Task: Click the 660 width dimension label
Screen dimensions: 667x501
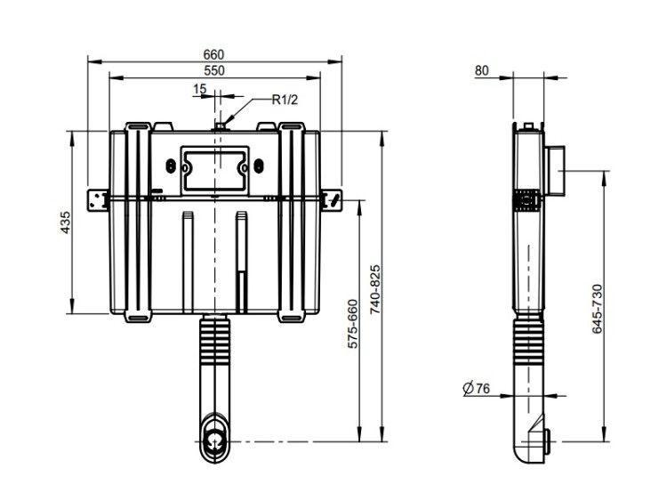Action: (x=213, y=55)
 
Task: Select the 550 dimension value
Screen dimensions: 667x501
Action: (x=213, y=70)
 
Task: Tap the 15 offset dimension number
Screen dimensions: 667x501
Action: (x=199, y=89)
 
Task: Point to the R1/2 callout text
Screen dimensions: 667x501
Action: (x=285, y=100)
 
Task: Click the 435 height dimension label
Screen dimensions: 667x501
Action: (x=65, y=222)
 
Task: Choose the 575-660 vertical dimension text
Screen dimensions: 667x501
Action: (x=353, y=324)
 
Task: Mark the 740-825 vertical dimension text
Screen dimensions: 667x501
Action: (x=374, y=289)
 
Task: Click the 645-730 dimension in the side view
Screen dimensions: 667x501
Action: (x=598, y=309)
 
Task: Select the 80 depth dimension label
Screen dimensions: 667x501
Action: (x=481, y=70)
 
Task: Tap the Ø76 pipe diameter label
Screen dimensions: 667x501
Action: (x=476, y=388)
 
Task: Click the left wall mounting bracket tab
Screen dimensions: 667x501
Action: (x=98, y=199)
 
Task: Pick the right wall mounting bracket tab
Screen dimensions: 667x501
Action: (x=332, y=199)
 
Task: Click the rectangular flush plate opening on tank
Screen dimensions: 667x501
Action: (x=215, y=170)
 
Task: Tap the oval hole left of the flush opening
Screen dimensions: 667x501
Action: (x=171, y=166)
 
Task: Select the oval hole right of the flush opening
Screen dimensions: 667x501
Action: (x=258, y=166)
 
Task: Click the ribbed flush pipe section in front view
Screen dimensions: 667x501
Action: (x=215, y=343)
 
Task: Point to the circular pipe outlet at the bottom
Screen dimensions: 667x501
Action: (x=215, y=440)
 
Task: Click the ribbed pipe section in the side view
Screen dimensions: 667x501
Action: (x=529, y=343)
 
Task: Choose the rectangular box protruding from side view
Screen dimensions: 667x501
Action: (x=555, y=171)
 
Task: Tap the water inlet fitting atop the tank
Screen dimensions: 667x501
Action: (x=220, y=126)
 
